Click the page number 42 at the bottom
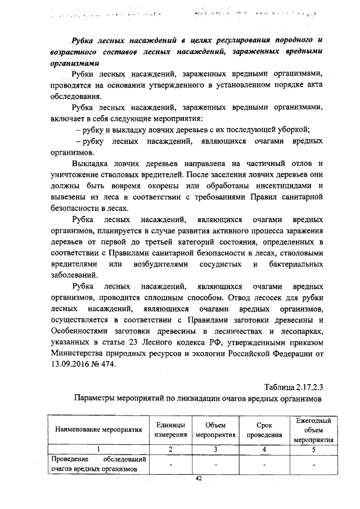pyautogui.click(x=198, y=478)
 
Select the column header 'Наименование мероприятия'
pyautogui.click(x=98, y=430)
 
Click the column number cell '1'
pyautogui.click(x=98, y=448)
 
